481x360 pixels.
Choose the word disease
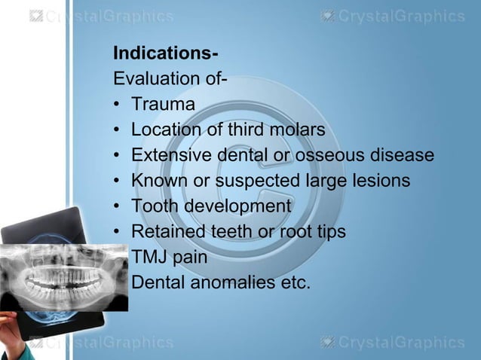[406, 156]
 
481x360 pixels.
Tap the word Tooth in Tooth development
[154, 206]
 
